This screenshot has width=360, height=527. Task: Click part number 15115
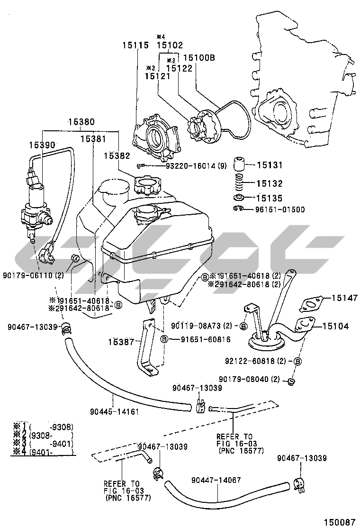135,45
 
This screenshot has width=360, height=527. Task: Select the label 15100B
199,58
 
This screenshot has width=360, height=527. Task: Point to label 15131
270,165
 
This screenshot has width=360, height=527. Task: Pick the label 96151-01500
279,209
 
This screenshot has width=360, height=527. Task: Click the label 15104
336,326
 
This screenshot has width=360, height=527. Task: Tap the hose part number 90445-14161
114,411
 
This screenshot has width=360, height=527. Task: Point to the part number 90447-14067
216,480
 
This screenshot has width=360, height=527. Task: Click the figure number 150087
339,521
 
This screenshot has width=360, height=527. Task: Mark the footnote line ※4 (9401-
43,452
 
